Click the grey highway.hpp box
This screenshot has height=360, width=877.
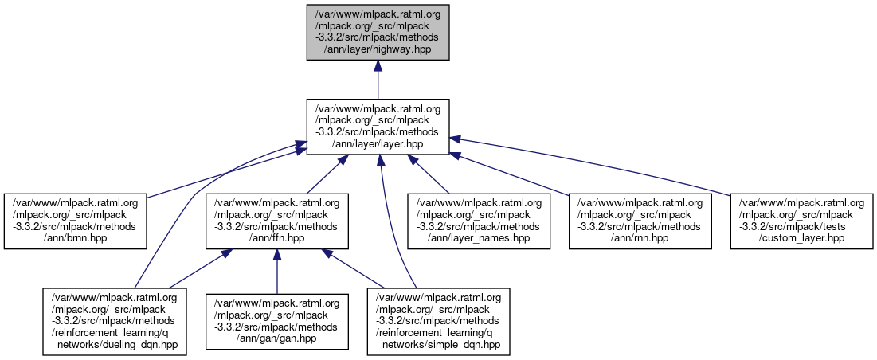[378, 32]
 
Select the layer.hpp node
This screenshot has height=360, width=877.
[378, 127]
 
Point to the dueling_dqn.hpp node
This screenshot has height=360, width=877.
[115, 322]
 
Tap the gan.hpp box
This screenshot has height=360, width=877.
[276, 322]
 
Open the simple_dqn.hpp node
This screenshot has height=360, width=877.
[438, 322]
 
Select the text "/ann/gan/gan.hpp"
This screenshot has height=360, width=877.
[276, 338]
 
